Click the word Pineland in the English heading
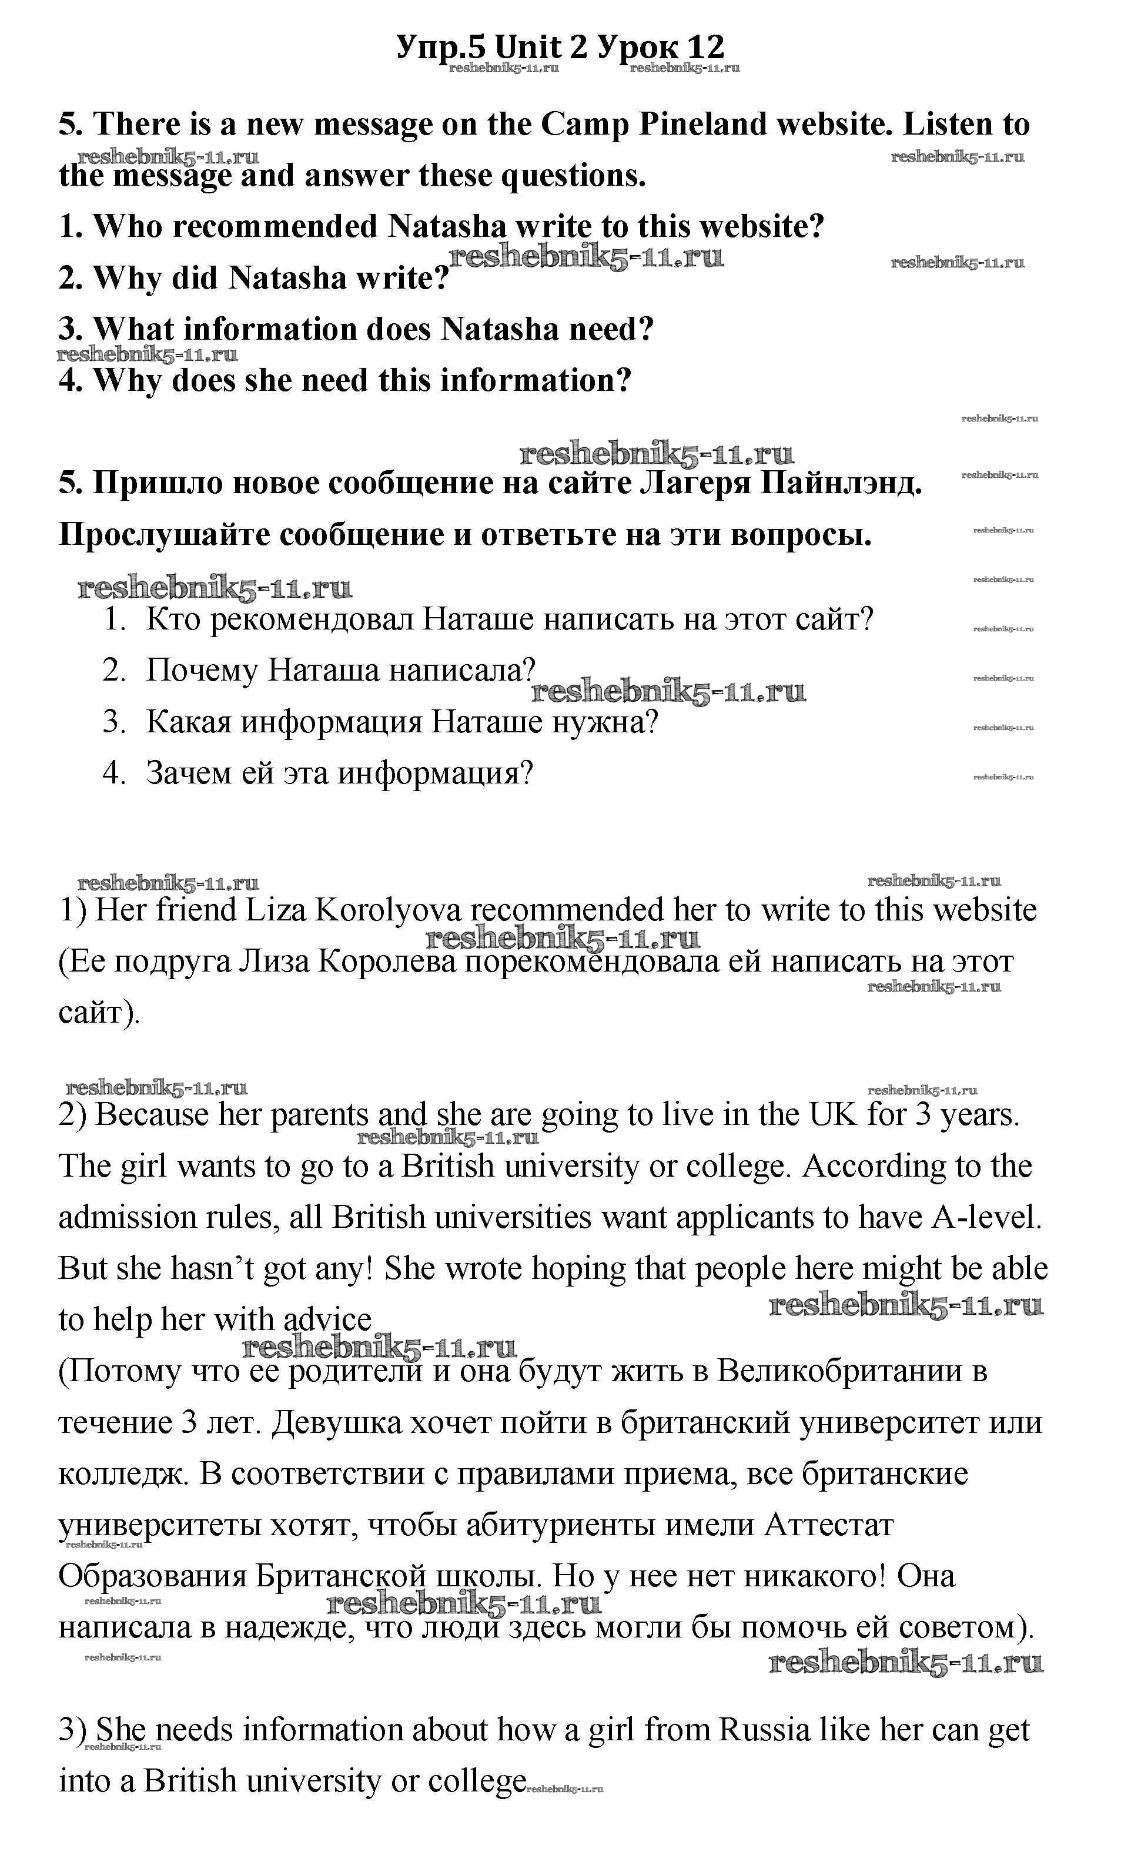coord(702,125)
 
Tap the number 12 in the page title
coord(705,47)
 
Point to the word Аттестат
coord(829,1525)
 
